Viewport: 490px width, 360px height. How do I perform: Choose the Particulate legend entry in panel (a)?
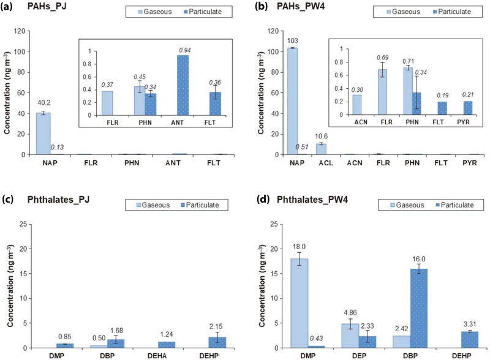pyautogui.click(x=200, y=12)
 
